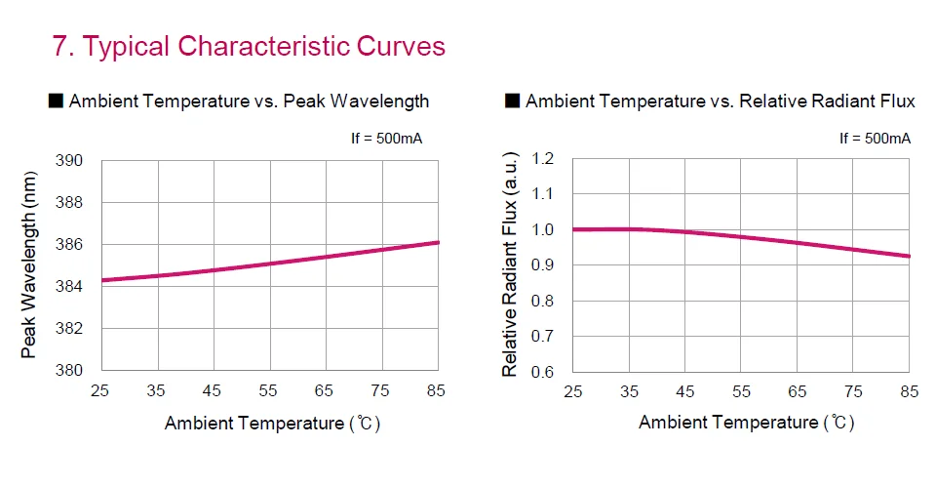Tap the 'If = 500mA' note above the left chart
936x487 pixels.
click(x=386, y=139)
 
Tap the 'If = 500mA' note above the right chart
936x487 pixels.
click(x=875, y=139)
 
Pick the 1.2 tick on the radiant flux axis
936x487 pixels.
click(x=544, y=158)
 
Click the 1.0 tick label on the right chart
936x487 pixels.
click(x=544, y=229)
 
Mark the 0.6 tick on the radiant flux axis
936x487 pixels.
click(x=544, y=372)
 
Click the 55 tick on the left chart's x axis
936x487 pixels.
click(x=268, y=391)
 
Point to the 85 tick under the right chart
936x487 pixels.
click(x=910, y=391)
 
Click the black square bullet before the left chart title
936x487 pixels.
click(x=56, y=101)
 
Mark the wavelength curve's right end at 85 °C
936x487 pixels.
click(x=439, y=242)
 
